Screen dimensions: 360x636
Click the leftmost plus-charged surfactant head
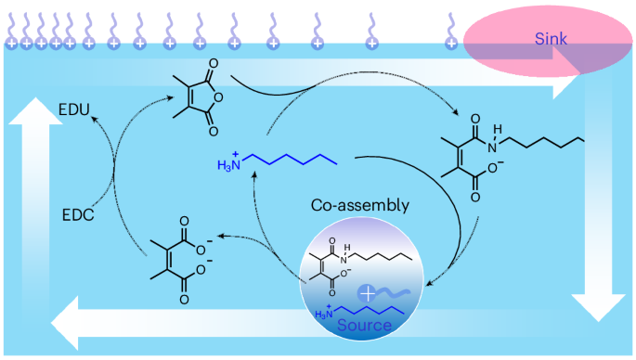click(11, 41)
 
